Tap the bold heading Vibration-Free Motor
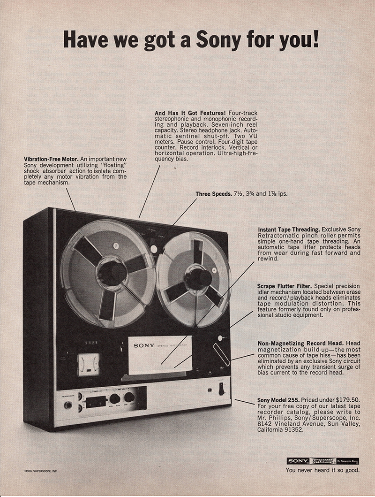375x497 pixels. (52, 159)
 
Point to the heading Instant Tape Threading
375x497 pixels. (289, 229)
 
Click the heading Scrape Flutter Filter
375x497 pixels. (285, 285)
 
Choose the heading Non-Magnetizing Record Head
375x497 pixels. (296, 343)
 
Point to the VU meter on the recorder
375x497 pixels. (89, 364)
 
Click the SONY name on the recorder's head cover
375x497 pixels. (144, 345)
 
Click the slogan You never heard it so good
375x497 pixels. (322, 470)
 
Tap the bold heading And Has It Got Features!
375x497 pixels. (190, 113)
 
